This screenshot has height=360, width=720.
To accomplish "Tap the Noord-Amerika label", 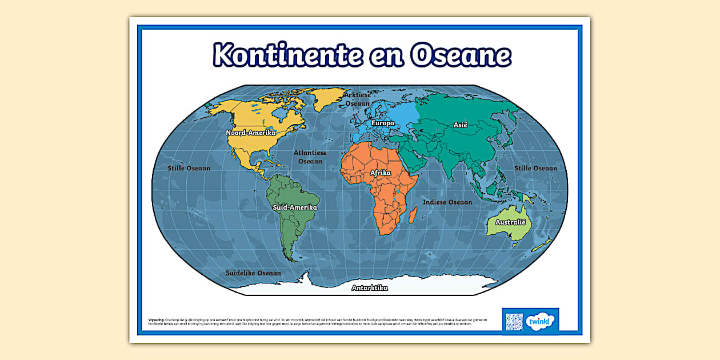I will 251,133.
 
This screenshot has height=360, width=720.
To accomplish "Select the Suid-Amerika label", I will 294,207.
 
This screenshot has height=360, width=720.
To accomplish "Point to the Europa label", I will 382,123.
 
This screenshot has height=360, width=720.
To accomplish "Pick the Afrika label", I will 381,172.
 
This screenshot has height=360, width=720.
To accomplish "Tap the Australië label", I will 510,222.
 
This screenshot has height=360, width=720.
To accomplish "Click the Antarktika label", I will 370,288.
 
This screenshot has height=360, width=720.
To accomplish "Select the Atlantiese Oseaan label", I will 310,157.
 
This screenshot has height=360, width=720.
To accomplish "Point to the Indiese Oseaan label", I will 447,202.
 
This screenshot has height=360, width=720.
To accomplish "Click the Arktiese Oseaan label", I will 358,99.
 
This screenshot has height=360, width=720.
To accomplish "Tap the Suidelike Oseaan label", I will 253,273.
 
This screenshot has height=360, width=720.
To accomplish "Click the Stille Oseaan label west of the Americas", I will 189,169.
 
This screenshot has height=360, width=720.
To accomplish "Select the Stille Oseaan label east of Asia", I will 535,169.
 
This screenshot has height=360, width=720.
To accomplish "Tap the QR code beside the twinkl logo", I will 515,320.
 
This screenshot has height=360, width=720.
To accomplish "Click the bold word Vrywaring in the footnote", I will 156,319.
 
